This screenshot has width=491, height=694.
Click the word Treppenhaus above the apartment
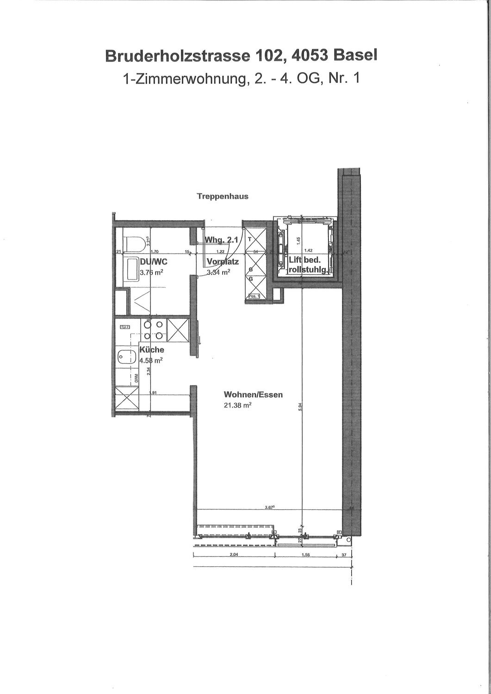(222, 196)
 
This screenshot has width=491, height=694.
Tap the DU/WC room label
(153, 262)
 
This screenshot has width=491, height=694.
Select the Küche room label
(152, 350)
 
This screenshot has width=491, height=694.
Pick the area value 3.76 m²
(151, 273)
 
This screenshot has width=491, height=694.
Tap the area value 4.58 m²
(151, 360)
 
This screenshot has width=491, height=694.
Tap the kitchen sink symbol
(125, 357)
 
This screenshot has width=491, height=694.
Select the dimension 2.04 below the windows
(233, 555)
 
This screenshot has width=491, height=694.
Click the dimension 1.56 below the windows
(305, 555)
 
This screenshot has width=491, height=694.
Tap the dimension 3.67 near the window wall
(270, 508)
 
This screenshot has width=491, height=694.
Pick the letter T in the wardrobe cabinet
(249, 239)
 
